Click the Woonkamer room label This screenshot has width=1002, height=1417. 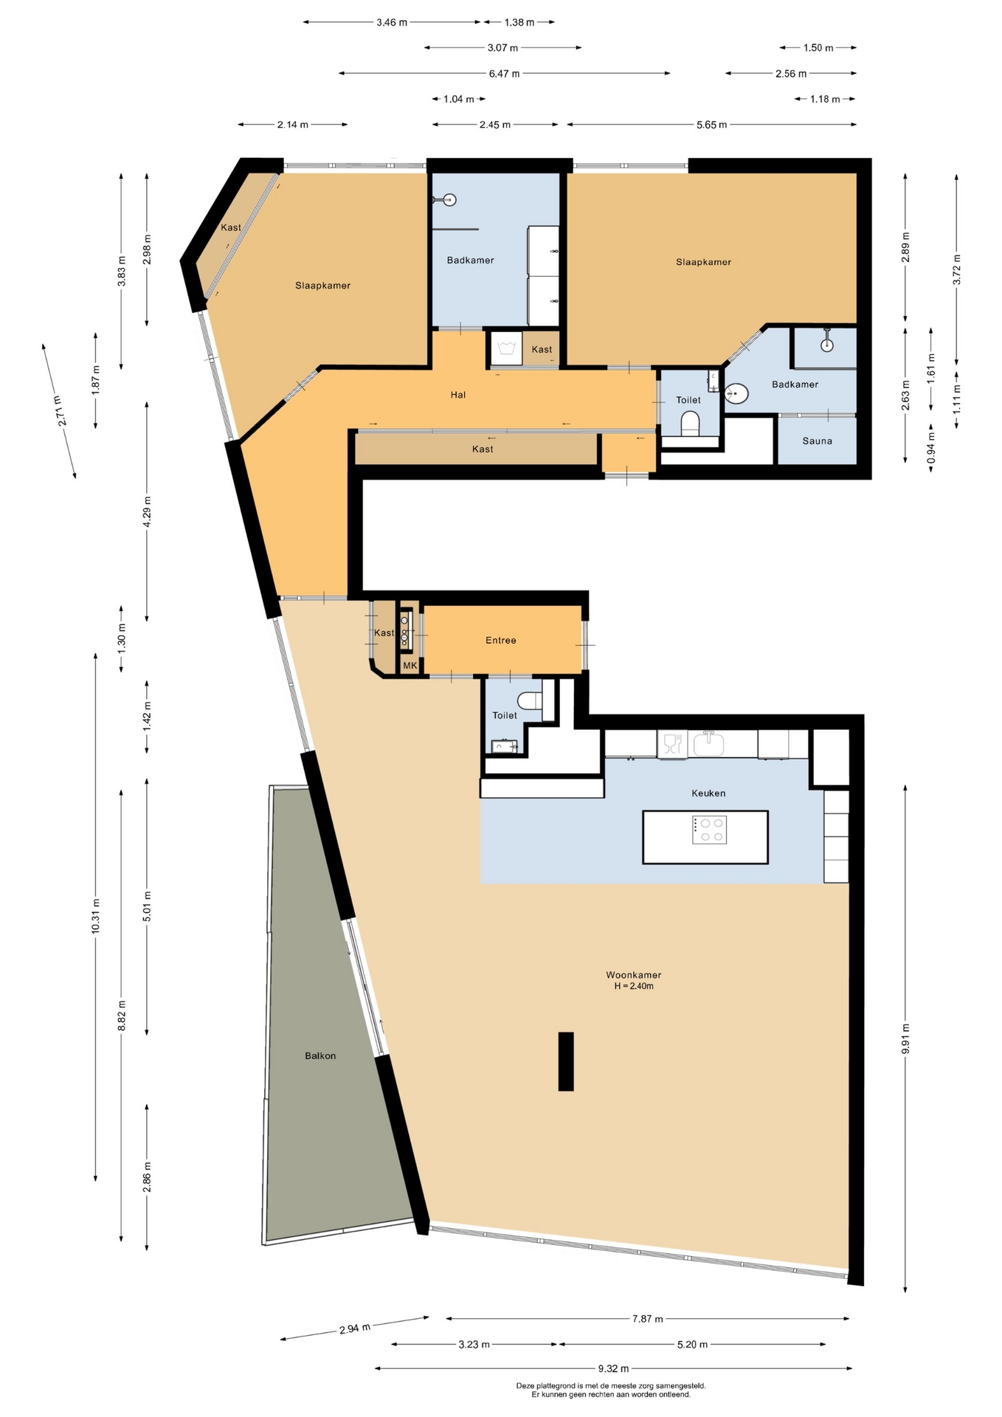tap(633, 974)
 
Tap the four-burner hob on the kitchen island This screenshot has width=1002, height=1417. tap(709, 830)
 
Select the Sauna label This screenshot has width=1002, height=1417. tap(817, 441)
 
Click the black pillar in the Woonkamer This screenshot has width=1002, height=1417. tap(566, 1061)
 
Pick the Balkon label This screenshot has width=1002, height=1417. tap(320, 1055)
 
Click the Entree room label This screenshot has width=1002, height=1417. tap(500, 640)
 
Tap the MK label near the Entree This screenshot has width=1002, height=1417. tap(410, 665)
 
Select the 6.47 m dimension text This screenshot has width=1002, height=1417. tap(504, 73)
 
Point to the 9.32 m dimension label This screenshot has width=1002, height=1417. tap(613, 1368)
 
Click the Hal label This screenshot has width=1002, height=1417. tap(458, 395)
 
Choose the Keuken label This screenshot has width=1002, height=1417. tap(708, 793)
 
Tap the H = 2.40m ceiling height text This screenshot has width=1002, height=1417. tap(634, 986)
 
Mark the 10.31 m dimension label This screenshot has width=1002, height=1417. tap(95, 916)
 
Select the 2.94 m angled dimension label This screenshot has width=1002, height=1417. tap(355, 1328)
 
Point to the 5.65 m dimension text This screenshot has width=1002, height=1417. tap(711, 125)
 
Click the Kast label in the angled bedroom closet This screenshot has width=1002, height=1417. tap(231, 227)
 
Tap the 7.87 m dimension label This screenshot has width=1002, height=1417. tap(647, 1318)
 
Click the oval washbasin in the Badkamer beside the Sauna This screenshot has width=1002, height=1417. tap(736, 394)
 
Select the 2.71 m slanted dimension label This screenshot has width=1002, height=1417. tap(62, 410)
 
